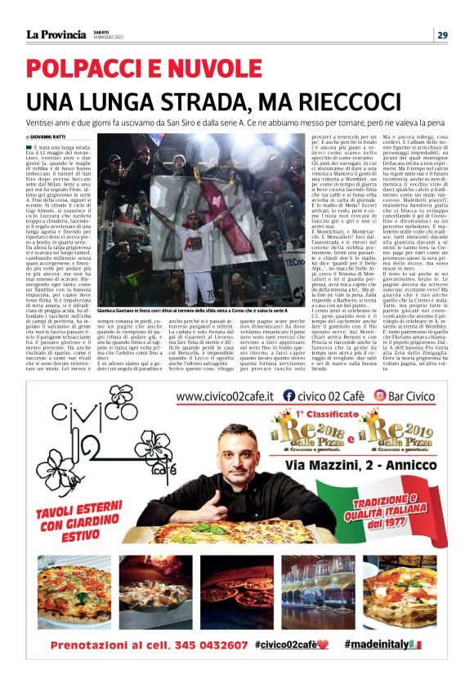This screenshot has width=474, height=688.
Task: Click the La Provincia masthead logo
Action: coord(56,34)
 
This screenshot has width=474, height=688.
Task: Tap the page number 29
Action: coord(442,34)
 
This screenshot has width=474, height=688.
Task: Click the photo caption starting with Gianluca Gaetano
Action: coord(192,311)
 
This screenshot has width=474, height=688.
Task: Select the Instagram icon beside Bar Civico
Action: coord(379,397)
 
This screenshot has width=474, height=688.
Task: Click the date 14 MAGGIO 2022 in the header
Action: coord(110,38)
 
